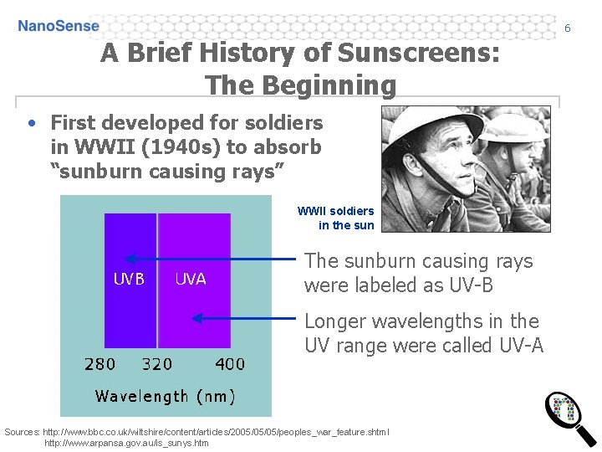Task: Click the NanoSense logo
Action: coord(59,26)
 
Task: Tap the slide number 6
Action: coord(567,28)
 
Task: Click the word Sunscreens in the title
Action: coord(419,54)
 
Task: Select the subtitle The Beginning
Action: coord(301,85)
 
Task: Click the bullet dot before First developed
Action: coord(31,123)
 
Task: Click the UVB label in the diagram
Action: coord(129,279)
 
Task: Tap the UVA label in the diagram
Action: coord(191,279)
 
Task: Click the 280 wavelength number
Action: coord(100,364)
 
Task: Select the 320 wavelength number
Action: coord(157,364)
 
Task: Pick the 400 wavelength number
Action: coord(230,364)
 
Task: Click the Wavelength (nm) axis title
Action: coord(166,396)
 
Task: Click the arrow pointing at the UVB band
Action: coord(209,259)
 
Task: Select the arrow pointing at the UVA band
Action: coord(242,318)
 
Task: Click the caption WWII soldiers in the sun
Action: coord(336,218)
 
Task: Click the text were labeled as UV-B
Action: coord(399,285)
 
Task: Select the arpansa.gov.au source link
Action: coord(126,443)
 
